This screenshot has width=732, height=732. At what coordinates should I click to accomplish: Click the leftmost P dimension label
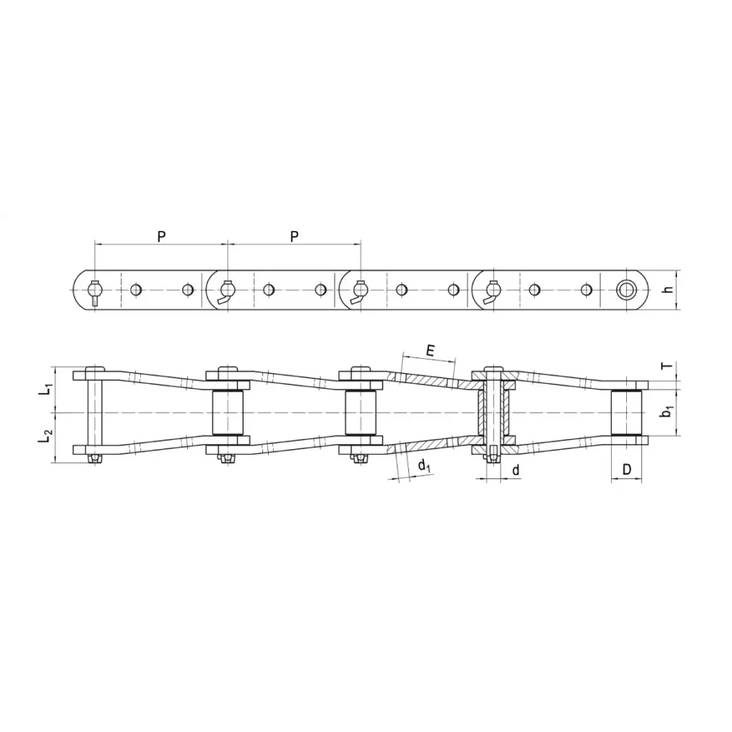(x=162, y=236)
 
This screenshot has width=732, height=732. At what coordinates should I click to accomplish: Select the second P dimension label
(x=294, y=236)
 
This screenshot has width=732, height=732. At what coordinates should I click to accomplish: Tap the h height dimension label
(x=667, y=290)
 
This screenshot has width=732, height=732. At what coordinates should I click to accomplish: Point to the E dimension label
(x=430, y=350)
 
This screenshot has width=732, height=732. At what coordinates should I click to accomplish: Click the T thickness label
(x=667, y=367)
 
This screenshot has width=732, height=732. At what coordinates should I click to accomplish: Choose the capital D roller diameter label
(x=626, y=470)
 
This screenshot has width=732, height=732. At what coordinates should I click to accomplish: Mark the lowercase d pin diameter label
(x=515, y=470)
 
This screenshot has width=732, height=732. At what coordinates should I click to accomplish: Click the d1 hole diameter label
(x=423, y=467)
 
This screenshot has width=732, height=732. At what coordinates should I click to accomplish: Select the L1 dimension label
(x=45, y=390)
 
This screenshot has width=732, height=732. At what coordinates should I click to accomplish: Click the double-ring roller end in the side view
(x=627, y=290)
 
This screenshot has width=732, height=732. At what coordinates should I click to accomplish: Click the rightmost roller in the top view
(x=626, y=412)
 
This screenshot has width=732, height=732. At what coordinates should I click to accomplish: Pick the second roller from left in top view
(x=228, y=412)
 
